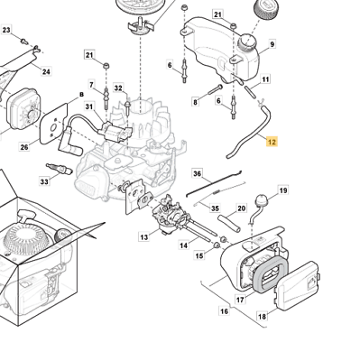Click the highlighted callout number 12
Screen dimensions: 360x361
[272, 142]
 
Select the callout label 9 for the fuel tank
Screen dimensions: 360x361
[272, 44]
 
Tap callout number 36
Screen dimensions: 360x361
[198, 174]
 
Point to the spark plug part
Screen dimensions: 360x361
[60, 169]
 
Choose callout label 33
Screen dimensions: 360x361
[44, 181]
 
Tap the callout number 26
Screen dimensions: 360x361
[24, 147]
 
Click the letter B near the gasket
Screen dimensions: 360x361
[81, 95]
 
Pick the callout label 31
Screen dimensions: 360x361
[89, 106]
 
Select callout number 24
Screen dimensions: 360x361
[46, 71]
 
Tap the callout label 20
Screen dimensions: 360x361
[242, 208]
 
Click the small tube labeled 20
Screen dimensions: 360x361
[229, 222]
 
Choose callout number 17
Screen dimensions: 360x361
[240, 300]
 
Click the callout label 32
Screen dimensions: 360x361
[118, 88]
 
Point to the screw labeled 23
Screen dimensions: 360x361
[24, 41]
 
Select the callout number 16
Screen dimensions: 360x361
[224, 311]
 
